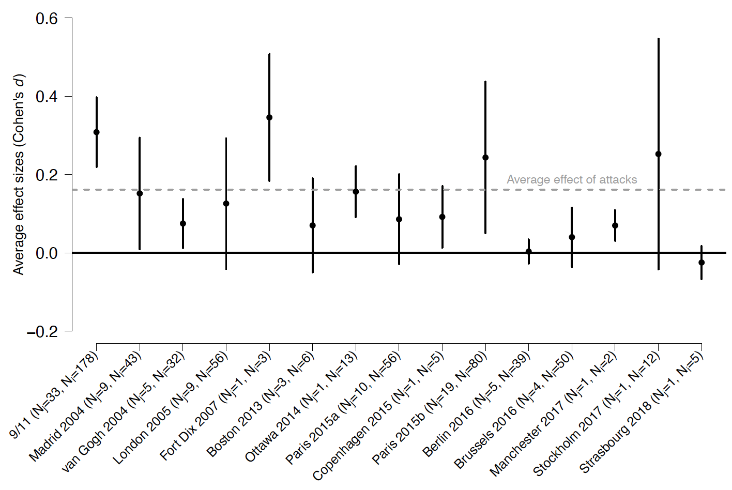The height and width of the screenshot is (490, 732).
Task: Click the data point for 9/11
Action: pos(96,132)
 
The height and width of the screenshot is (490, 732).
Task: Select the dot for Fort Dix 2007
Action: pos(269,117)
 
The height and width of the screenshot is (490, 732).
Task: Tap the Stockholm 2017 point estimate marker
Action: pos(658,154)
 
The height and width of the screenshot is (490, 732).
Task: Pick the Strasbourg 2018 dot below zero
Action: pos(701,263)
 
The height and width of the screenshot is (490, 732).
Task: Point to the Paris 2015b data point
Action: pos(485,158)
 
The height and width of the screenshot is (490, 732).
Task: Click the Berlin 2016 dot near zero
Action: pos(528,252)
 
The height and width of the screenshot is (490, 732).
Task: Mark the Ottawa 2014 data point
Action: pos(356,192)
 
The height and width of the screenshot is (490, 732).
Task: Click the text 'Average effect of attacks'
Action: pos(572,179)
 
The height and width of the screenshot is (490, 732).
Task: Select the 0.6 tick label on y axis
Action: pos(47,19)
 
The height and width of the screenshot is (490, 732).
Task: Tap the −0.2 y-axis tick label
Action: pos(42,331)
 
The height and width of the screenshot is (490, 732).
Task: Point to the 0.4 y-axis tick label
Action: pos(47,97)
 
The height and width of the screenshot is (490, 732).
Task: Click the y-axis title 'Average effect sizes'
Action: pos(19,176)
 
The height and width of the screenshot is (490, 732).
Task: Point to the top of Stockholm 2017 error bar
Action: pos(658,39)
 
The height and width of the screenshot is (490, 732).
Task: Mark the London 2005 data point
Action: pos(226,204)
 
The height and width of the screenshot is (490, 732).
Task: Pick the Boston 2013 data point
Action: pos(313,225)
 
